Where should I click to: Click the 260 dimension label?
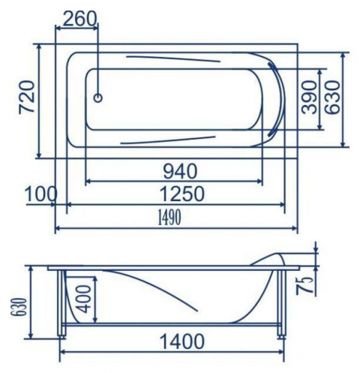click(79, 19)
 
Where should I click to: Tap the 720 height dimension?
click(27, 97)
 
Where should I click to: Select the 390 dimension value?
click(309, 97)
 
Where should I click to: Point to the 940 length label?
click(180, 171)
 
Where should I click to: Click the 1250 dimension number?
click(181, 194)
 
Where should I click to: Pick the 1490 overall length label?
click(169, 218)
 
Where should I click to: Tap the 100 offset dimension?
click(41, 194)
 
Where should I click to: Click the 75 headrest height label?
click(304, 285)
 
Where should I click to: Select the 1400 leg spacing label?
click(181, 341)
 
